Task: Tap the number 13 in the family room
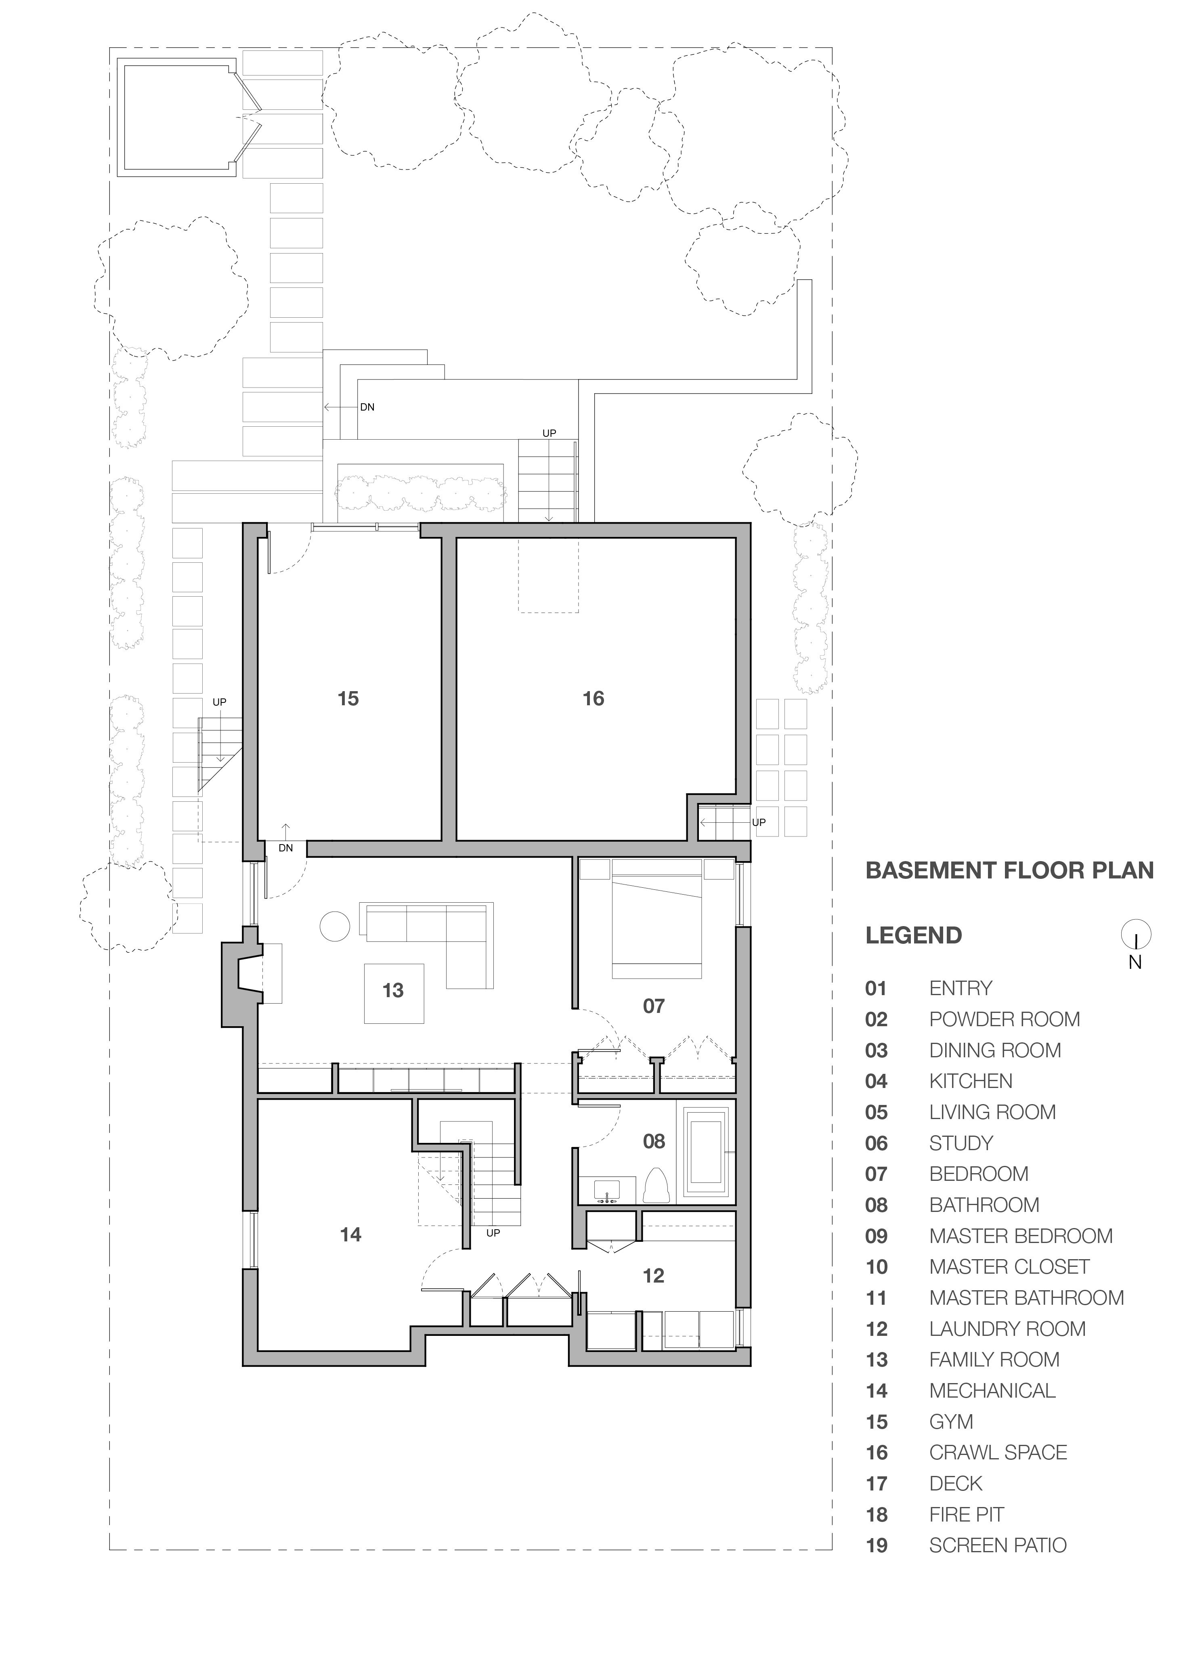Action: pos(393,990)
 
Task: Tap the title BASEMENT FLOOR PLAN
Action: pos(1009,870)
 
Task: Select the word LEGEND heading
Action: pos(914,935)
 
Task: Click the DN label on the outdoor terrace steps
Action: pos(367,407)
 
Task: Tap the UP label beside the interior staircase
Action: pos(493,1233)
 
